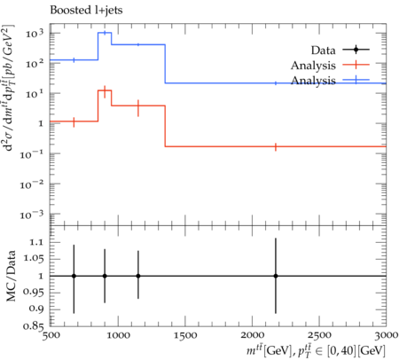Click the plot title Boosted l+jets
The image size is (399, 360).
click(86, 11)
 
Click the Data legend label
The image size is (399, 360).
click(323, 51)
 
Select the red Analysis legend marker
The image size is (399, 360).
click(356, 65)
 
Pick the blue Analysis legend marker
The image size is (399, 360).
click(356, 80)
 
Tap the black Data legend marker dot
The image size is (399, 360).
click(356, 50)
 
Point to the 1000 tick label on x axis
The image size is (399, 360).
click(118, 335)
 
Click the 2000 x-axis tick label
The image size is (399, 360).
click(252, 335)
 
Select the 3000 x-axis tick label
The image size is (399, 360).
click(386, 335)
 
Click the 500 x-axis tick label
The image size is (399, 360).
click(51, 335)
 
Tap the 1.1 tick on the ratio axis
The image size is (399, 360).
click(36, 243)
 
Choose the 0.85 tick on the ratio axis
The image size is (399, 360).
click(33, 325)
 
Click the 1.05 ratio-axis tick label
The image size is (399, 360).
click(33, 259)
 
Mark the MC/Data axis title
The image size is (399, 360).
click(12, 276)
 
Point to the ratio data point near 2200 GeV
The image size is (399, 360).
click(276, 276)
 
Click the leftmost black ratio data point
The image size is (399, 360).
click(74, 276)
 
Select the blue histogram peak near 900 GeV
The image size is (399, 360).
click(105, 33)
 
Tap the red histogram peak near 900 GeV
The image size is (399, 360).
click(105, 90)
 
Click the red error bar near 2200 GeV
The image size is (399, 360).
click(276, 146)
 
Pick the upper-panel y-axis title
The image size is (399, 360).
click(10, 88)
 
